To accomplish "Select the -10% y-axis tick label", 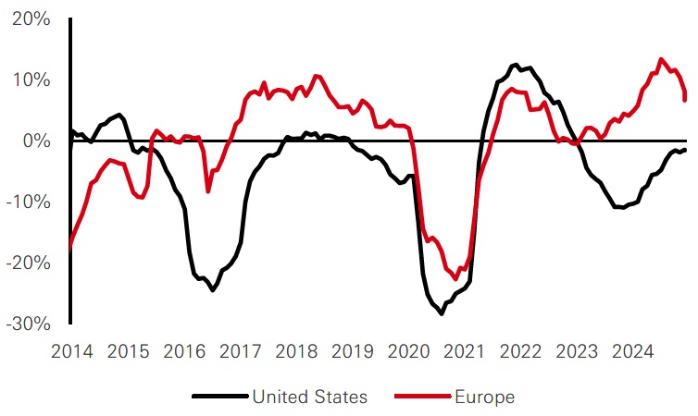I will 27,202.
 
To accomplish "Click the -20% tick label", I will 27,263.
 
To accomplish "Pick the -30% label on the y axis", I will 27,324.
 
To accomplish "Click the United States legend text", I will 309,397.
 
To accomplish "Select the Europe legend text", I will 484,397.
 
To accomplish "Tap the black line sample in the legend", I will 219,397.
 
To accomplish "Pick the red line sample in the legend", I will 422,397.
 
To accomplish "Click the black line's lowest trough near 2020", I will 442,314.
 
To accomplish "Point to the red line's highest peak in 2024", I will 661,59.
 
